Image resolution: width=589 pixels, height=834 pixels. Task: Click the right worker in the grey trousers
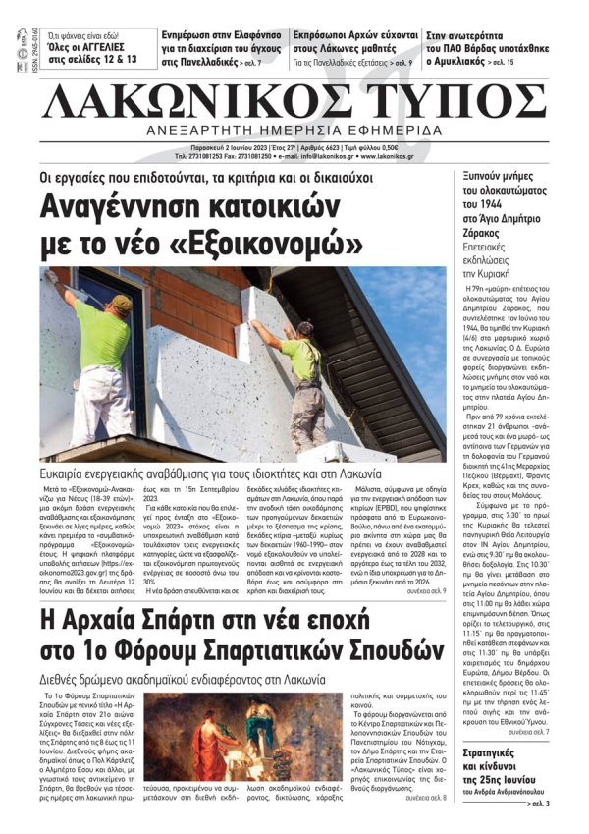(305, 373)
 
